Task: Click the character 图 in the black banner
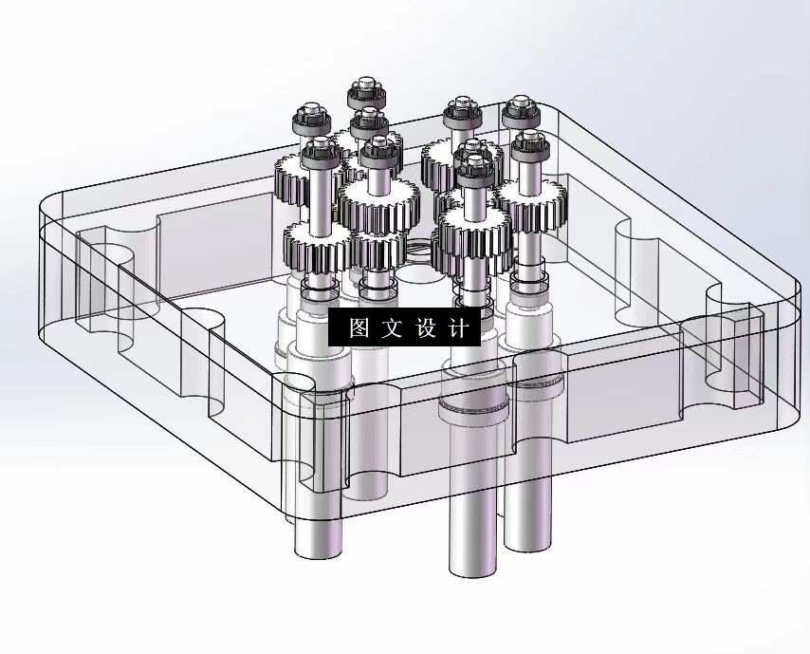(x=358, y=328)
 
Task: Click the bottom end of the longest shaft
(x=471, y=569)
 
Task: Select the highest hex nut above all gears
(x=365, y=92)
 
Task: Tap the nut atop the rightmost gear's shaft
(x=528, y=144)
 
